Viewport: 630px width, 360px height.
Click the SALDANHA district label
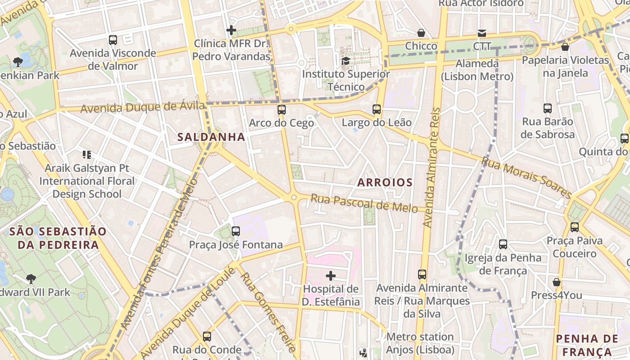[211, 137]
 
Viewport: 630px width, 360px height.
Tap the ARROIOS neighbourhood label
[385, 182]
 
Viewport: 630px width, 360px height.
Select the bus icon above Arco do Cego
[282, 109]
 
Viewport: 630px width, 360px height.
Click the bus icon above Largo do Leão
[377, 109]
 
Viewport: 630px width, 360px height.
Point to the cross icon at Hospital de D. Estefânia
[331, 275]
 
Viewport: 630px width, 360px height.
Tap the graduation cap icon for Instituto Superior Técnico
[346, 61]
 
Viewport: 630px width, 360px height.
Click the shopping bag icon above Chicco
[421, 33]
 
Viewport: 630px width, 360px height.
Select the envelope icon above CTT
[482, 33]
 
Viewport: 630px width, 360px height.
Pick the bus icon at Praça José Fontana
[235, 231]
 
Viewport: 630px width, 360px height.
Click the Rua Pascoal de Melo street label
[364, 203]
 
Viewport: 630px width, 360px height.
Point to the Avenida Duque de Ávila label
[143, 108]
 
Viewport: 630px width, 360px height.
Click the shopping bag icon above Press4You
[557, 282]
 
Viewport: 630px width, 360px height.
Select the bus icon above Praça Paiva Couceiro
[575, 227]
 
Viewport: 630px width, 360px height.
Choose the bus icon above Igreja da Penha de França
[503, 244]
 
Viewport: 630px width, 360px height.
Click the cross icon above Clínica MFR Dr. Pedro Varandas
[231, 30]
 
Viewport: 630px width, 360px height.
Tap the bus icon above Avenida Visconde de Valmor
[113, 40]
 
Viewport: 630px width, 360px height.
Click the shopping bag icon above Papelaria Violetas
[565, 47]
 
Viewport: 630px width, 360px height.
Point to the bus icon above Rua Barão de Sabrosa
[548, 108]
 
